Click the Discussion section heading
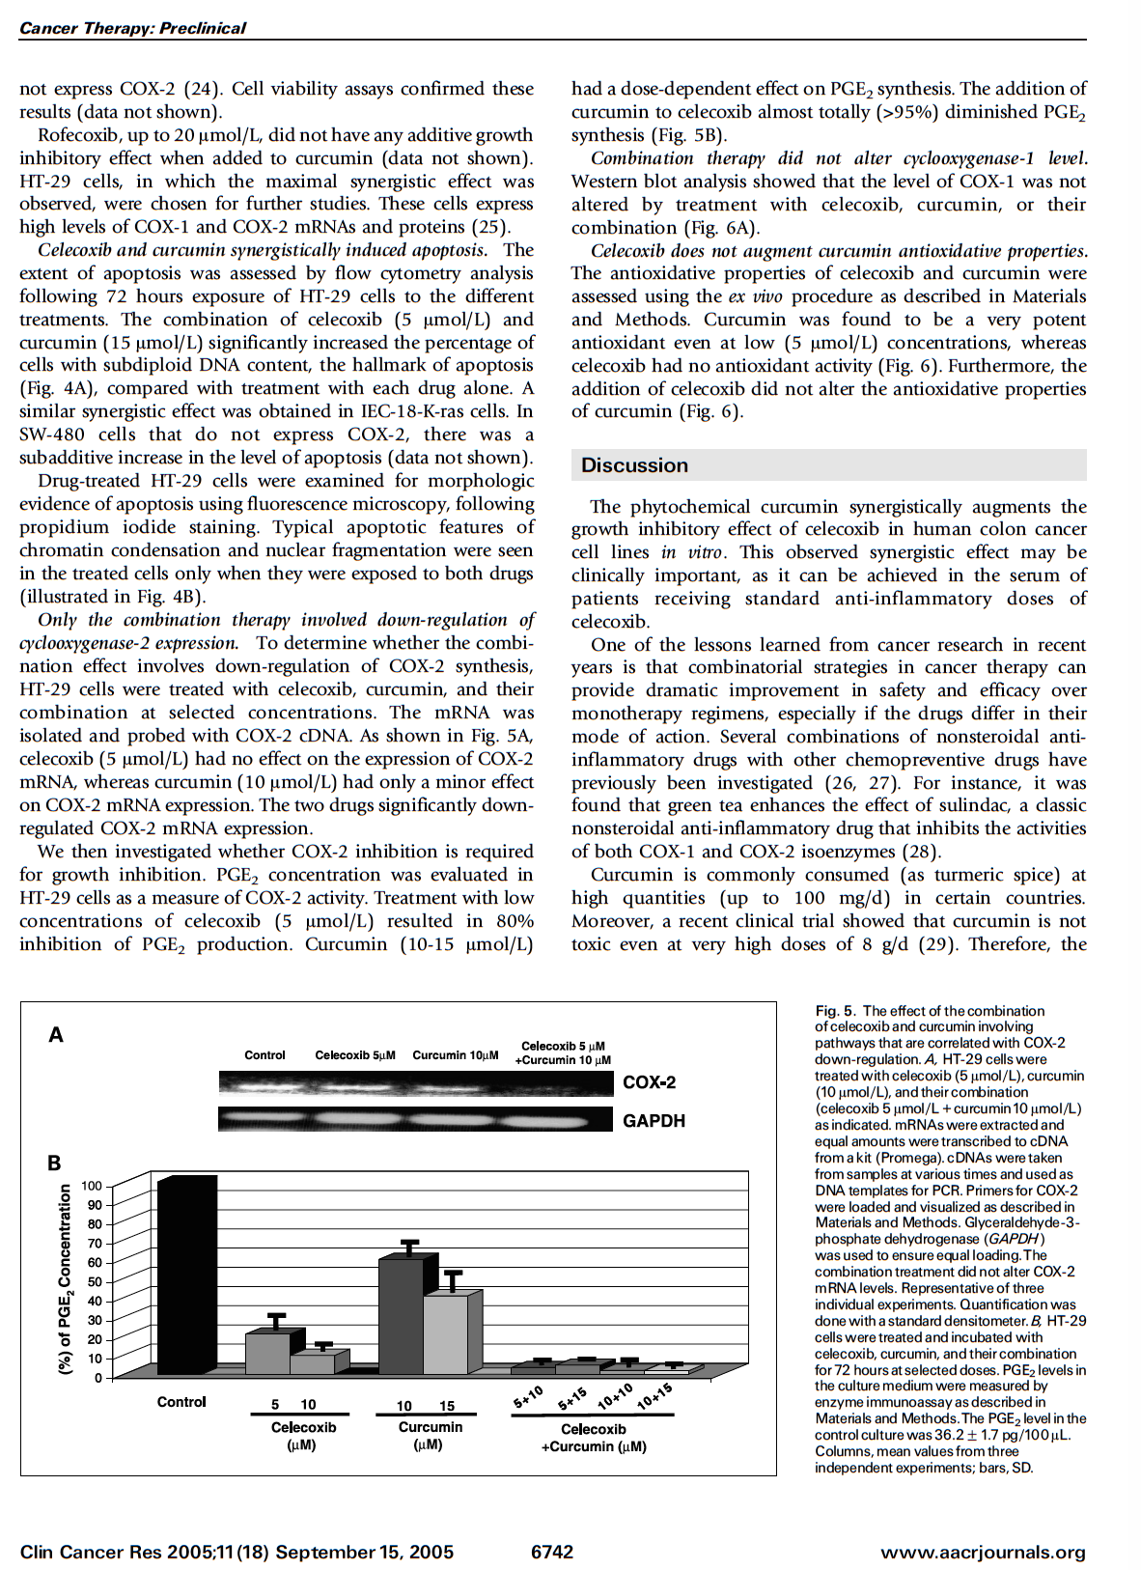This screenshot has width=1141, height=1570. (x=634, y=465)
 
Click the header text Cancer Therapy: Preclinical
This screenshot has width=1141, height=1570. (x=132, y=28)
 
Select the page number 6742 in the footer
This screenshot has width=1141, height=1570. (x=552, y=1552)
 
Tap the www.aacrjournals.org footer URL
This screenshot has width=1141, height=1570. (x=983, y=1553)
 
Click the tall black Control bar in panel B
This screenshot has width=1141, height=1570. (x=186, y=1275)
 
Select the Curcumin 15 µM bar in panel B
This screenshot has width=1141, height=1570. (x=446, y=1334)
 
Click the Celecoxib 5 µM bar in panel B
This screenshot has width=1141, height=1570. (x=267, y=1353)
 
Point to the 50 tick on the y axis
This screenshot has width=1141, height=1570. (x=95, y=1282)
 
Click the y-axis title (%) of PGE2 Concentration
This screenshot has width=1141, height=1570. (x=66, y=1279)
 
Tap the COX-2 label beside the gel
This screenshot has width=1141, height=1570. (x=649, y=1082)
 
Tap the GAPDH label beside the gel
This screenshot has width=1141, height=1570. (x=654, y=1121)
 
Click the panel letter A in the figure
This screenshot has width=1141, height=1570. (x=56, y=1035)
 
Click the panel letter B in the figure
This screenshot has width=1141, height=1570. (x=54, y=1163)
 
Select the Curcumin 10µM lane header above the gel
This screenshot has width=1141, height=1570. (x=455, y=1055)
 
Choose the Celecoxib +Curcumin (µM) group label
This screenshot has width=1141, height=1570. (x=594, y=1438)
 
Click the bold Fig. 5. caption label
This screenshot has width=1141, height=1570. (x=835, y=1011)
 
